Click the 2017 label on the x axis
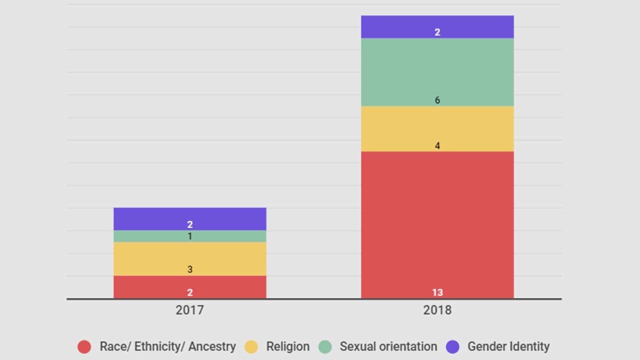[189, 310]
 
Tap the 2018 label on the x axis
[437, 310]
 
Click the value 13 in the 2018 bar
[437, 292]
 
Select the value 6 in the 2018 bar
[437, 100]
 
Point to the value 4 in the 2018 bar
[437, 146]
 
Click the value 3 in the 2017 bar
[189, 269]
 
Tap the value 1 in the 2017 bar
[189, 236]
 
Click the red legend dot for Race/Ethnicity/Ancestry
[84, 346]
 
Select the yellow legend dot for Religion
[251, 346]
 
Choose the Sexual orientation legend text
[388, 346]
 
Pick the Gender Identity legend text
[508, 346]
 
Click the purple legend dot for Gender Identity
[452, 346]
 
